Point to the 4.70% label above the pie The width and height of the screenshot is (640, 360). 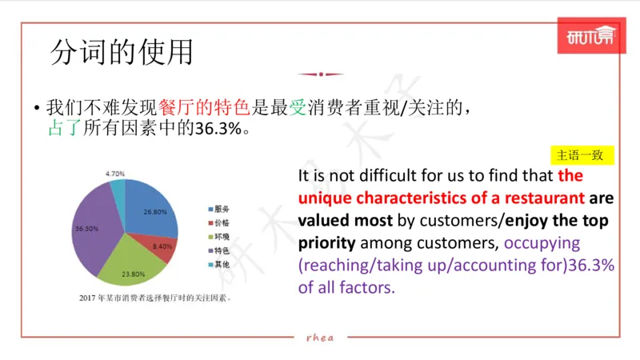[114, 173]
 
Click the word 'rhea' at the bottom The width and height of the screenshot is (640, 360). [320, 337]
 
